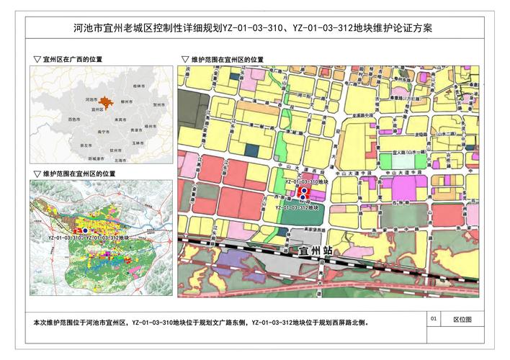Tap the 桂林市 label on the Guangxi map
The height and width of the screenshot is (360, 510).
pyautogui.click(x=138, y=86)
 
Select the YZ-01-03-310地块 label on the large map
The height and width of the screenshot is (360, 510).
pyautogui.click(x=307, y=183)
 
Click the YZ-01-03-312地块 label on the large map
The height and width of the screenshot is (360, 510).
pyautogui.click(x=297, y=207)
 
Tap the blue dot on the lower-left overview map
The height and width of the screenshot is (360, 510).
pyautogui.click(x=85, y=230)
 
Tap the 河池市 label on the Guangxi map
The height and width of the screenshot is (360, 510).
pyautogui.click(x=91, y=98)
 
